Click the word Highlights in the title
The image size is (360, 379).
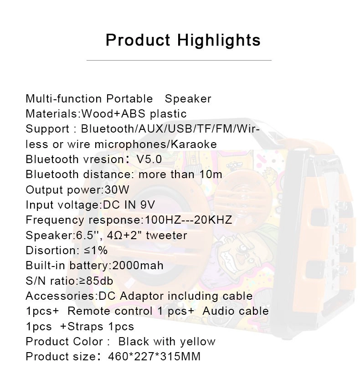point(219,41)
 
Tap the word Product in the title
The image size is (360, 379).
point(138,40)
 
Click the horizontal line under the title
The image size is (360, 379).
point(179,60)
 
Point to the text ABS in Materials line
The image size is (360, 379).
point(133,114)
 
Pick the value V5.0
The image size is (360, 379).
point(149,159)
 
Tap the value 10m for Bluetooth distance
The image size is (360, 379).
point(211,174)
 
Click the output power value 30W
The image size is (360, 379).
point(117,190)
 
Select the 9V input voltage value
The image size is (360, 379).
point(147,205)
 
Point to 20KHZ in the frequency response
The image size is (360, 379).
point(213,220)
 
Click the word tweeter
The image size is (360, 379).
point(167,236)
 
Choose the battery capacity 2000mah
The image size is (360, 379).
point(138,266)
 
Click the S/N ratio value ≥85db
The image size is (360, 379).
point(96,281)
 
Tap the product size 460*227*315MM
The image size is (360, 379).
point(154,357)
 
